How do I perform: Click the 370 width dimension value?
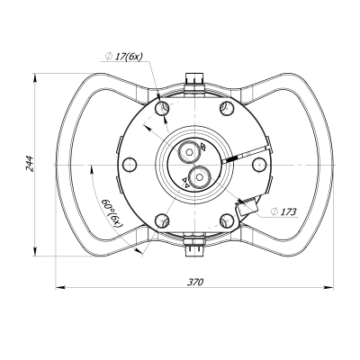(x=195, y=281)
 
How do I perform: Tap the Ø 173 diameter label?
(x=284, y=212)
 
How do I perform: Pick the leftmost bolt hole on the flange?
(x=130, y=164)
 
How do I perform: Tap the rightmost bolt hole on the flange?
(x=259, y=164)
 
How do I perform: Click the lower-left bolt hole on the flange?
(x=162, y=220)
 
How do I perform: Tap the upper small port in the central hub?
(x=191, y=149)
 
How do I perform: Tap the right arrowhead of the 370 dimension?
(x=327, y=288)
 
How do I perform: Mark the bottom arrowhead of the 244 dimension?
(x=36, y=251)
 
